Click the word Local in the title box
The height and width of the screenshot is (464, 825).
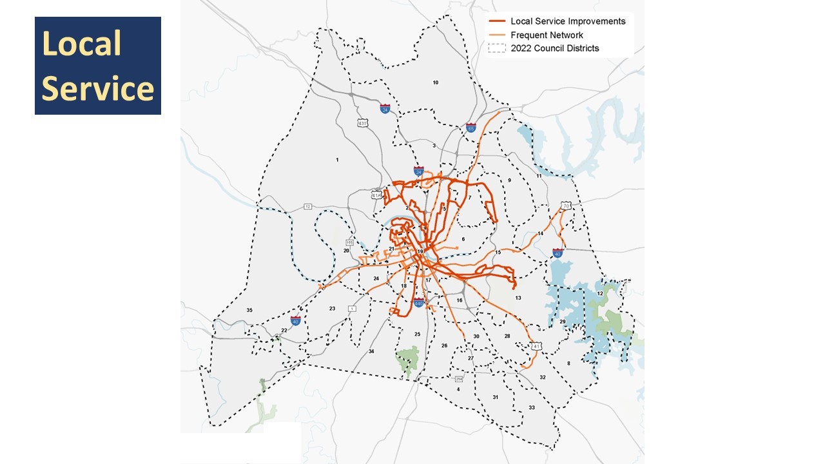(81, 44)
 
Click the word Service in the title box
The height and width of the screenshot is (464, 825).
(97, 88)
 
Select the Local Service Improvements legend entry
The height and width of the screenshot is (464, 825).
(567, 21)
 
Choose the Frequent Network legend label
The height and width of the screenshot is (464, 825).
(547, 35)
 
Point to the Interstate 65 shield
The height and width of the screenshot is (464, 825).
(471, 128)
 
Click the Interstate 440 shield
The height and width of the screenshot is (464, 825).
(418, 303)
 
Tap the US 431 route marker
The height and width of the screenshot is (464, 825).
(363, 122)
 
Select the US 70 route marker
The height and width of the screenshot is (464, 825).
(566, 206)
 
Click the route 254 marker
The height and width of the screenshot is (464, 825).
(459, 378)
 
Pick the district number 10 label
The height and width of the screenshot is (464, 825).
(436, 82)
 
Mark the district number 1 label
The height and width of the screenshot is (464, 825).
(336, 159)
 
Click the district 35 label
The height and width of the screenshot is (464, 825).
(249, 310)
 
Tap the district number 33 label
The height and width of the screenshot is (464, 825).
(532, 407)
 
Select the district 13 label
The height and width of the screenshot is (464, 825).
(518, 298)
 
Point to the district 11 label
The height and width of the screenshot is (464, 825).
(539, 176)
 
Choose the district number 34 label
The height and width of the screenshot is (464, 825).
(371, 351)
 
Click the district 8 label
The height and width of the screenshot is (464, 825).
(568, 363)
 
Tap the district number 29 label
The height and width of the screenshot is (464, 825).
(562, 321)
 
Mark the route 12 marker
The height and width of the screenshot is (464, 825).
(308, 206)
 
